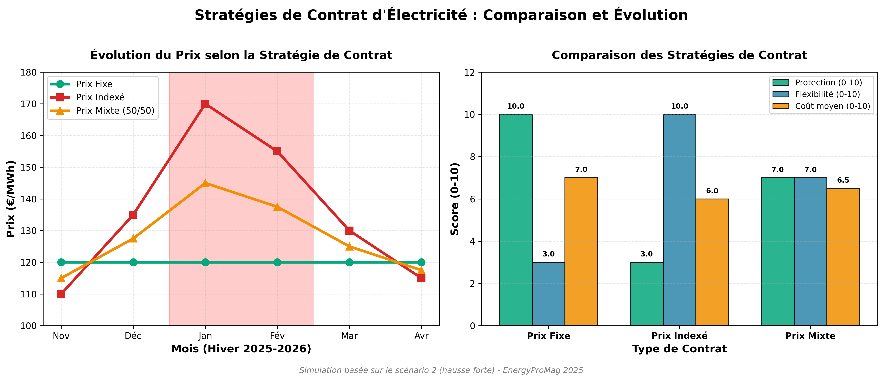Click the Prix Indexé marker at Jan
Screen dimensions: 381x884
click(x=205, y=104)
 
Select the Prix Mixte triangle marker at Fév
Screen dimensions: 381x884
click(x=277, y=207)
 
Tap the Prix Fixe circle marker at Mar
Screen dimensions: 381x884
click(x=349, y=262)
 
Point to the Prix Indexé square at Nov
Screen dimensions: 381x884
click(x=61, y=294)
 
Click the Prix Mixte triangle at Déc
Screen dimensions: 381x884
click(x=133, y=238)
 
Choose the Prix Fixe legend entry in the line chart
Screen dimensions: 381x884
click(x=94, y=84)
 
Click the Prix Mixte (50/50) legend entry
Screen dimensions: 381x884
click(x=115, y=111)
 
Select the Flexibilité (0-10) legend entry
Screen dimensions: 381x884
click(x=827, y=94)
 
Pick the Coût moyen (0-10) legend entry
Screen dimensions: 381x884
click(x=832, y=106)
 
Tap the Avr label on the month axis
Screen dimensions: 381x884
click(x=421, y=336)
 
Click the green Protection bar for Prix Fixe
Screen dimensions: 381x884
click(x=515, y=220)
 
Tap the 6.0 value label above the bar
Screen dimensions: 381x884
click(x=712, y=191)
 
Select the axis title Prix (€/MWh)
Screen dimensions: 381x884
click(x=11, y=199)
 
